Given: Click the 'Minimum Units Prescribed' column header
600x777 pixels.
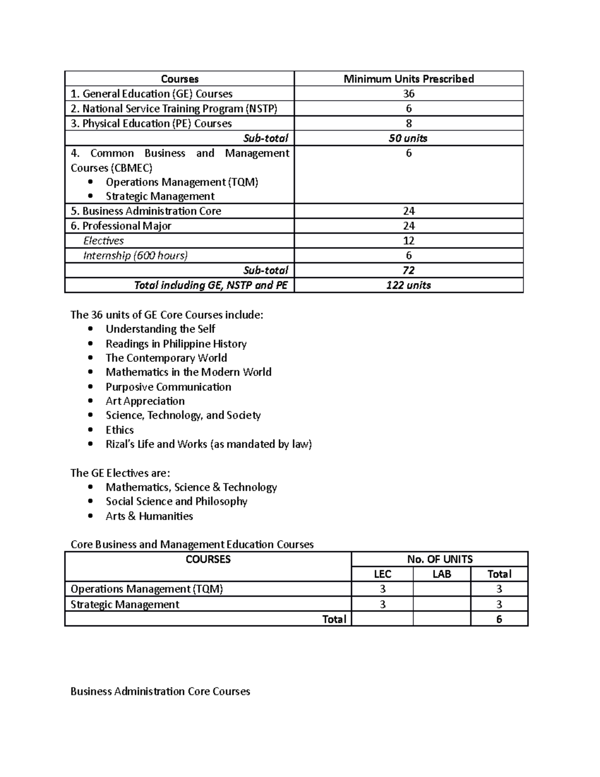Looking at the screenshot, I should click(x=408, y=79).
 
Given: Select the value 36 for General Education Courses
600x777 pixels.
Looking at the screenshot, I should click(x=408, y=94).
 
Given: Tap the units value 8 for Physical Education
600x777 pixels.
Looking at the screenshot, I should click(x=408, y=123).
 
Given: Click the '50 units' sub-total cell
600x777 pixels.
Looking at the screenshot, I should click(x=408, y=138).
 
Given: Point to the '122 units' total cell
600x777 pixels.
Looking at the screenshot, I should click(x=408, y=285).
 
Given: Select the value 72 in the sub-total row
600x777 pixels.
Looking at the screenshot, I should click(x=408, y=270).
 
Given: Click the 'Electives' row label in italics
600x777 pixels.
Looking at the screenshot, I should click(x=103, y=241).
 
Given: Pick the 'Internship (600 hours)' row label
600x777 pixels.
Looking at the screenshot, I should click(x=135, y=256).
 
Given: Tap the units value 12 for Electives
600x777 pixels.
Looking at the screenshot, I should click(x=408, y=241).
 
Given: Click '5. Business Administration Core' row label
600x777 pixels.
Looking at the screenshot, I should click(x=146, y=211).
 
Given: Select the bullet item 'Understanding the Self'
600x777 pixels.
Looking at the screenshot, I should click(x=160, y=329).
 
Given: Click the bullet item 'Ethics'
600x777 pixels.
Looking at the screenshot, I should click(x=119, y=430).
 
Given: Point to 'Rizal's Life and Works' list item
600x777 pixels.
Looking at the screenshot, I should click(x=208, y=444).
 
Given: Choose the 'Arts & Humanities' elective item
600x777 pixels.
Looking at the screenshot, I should click(x=149, y=516).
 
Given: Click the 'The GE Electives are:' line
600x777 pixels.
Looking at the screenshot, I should click(x=120, y=473).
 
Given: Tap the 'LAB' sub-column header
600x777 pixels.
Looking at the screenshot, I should click(x=441, y=574).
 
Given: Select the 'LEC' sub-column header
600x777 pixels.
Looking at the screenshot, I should click(x=382, y=574).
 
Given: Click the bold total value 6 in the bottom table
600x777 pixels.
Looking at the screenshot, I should click(x=499, y=619).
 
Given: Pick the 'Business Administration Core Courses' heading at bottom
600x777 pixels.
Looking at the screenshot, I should click(x=160, y=691).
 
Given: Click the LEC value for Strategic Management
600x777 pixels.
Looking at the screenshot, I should click(x=382, y=604).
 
